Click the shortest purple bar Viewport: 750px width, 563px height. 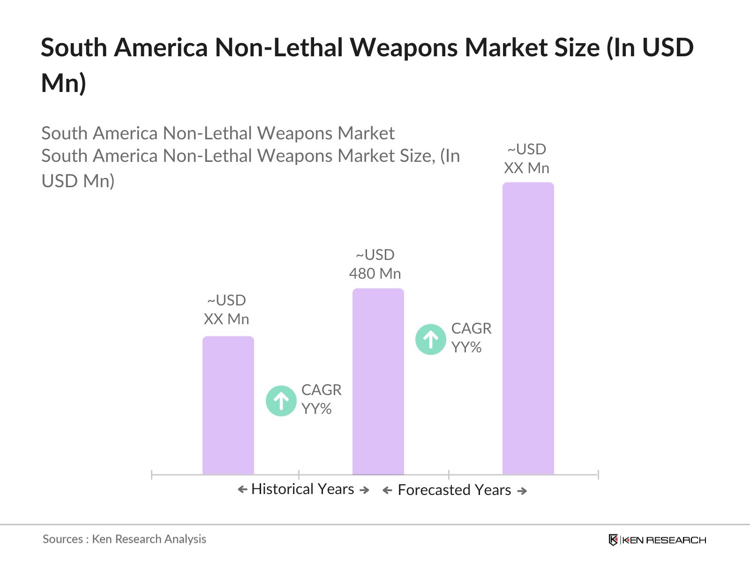228,405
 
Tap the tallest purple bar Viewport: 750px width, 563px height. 528,328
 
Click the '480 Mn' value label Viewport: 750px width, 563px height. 375,274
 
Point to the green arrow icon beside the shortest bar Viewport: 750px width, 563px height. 281,401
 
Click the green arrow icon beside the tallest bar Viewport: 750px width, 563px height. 430,339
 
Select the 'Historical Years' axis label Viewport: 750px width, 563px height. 302,489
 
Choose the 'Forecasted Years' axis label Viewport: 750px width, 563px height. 454,490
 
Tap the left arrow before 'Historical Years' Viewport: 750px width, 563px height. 242,490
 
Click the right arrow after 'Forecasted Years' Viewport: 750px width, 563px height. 522,491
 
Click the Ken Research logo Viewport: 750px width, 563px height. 657,540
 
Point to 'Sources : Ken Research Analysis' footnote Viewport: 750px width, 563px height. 124,539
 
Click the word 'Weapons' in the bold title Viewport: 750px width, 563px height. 404,48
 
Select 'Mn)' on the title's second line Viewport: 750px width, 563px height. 63,83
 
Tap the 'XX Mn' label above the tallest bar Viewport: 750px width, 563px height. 526,168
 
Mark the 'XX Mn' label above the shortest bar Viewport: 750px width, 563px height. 226,319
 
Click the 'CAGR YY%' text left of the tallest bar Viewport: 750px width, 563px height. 471,338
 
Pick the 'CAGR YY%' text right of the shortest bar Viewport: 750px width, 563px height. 321,399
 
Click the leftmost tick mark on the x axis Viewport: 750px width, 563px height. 152,475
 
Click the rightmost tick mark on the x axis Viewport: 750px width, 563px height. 598,475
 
